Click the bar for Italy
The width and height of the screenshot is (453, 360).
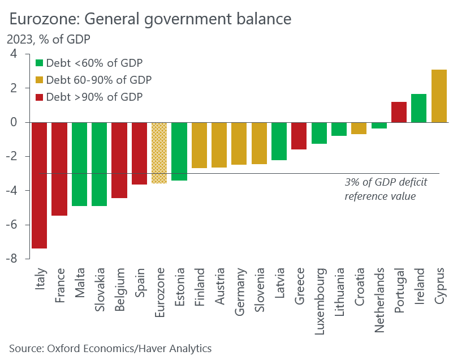39,185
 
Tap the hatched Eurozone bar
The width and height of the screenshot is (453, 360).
159,153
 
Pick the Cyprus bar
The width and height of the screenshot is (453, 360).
439,96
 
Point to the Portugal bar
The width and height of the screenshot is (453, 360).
399,112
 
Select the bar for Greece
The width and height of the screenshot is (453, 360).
299,136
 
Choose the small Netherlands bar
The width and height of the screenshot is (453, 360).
379,125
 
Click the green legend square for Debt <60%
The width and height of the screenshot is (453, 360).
39,63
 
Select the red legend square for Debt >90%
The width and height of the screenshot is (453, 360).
39,97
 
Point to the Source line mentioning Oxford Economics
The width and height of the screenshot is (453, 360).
110,348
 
